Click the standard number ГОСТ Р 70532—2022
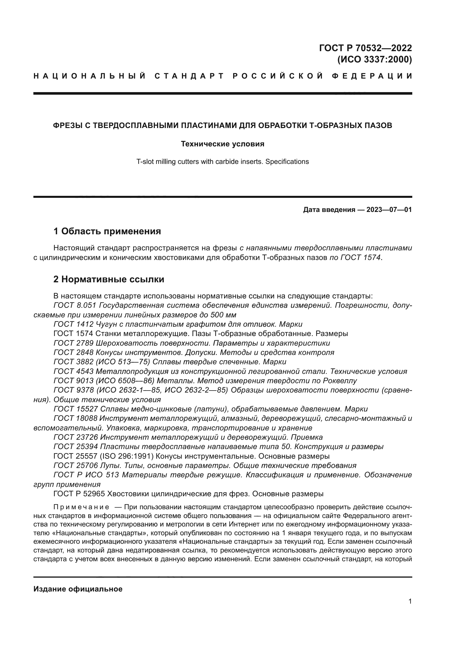(365, 48)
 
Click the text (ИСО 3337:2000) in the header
(374, 60)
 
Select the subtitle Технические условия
(222, 144)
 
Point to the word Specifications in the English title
(287, 162)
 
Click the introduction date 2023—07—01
(389, 210)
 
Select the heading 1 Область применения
(107, 231)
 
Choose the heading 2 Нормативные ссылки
(109, 279)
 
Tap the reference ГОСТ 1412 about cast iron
(74, 324)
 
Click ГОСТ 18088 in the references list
(76, 418)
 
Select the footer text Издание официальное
(78, 589)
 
